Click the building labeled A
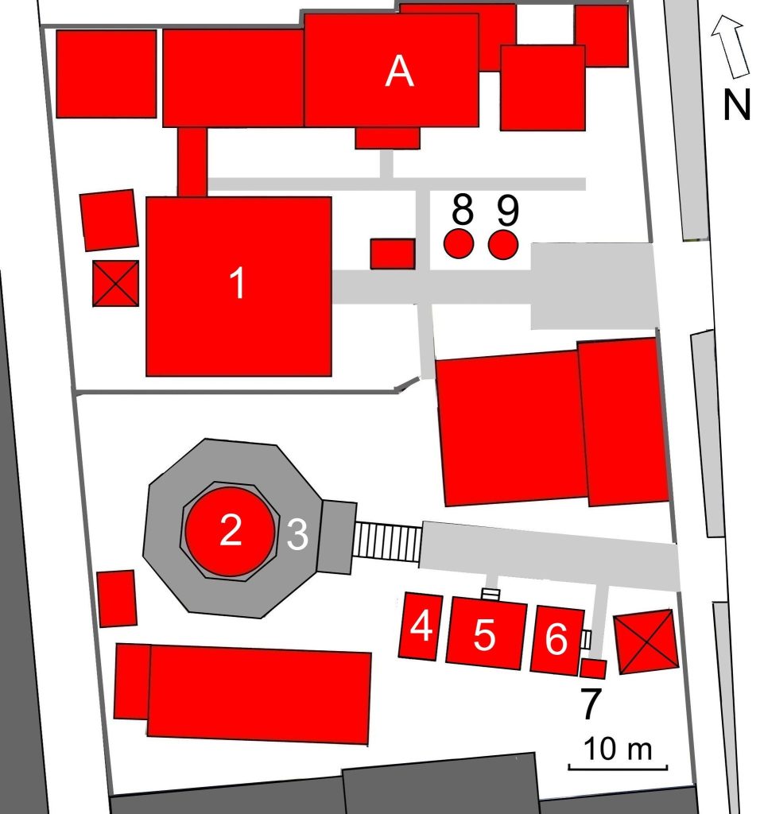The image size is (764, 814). [x=391, y=70]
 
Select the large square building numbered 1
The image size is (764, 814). [x=239, y=286]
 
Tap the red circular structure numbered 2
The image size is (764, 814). [x=231, y=531]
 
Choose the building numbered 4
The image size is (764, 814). [x=421, y=626]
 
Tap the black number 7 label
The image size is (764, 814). [x=590, y=704]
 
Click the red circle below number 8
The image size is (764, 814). [x=459, y=243]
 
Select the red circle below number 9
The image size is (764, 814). [x=503, y=244]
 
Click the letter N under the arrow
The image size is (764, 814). [x=737, y=104]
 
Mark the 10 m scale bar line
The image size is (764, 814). [x=618, y=766]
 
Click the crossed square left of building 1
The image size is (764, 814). [x=116, y=284]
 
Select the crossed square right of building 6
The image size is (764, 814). [x=646, y=642]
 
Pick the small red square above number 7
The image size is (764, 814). [x=593, y=669]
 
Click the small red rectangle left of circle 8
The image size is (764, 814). [x=393, y=254]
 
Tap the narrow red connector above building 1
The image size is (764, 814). [x=192, y=162]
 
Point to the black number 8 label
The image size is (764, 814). [x=463, y=209]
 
